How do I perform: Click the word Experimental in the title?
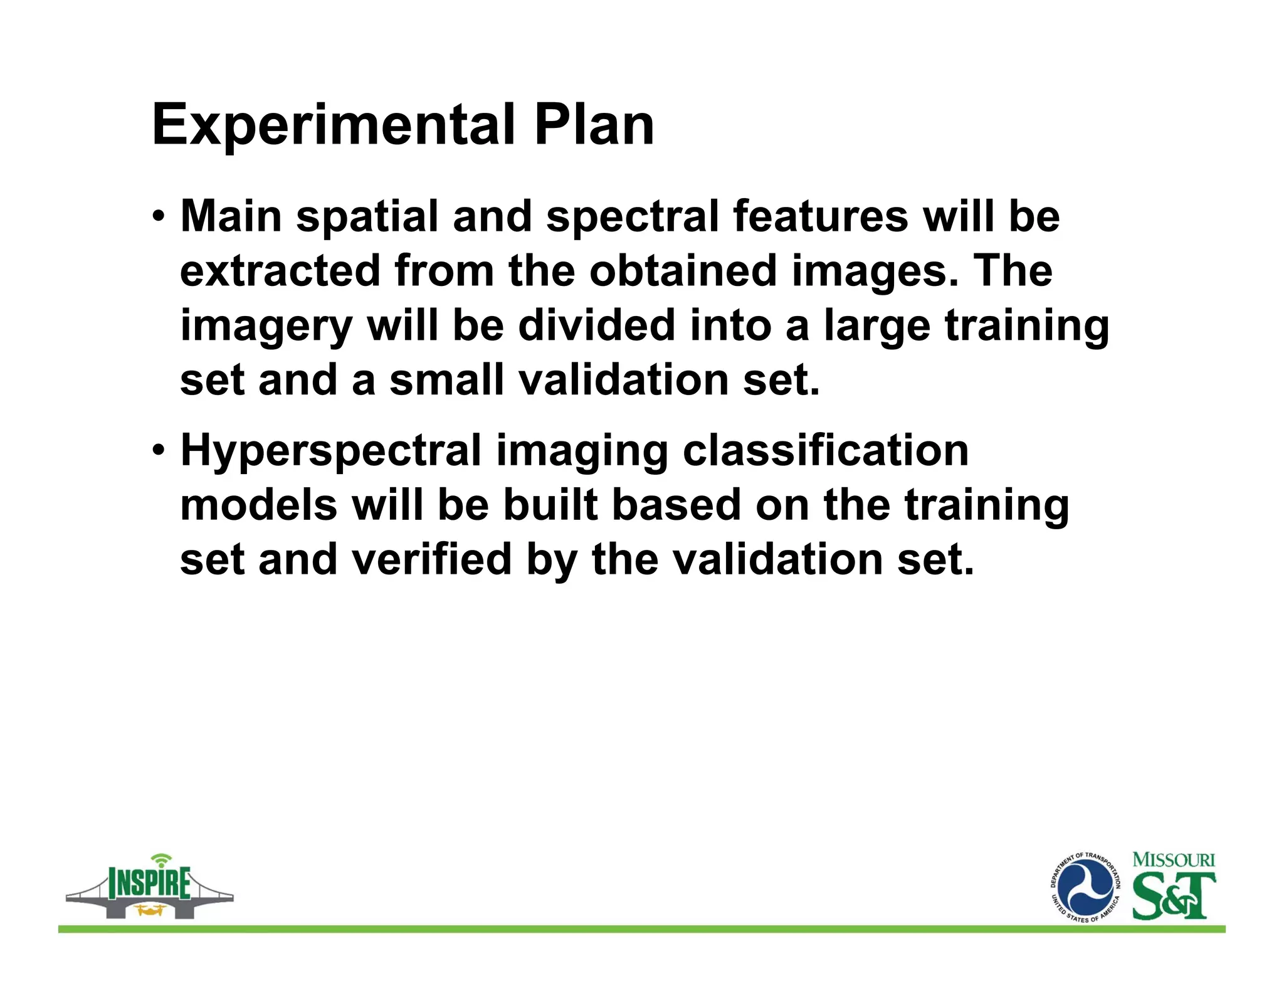coord(333,125)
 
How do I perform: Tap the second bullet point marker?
coord(159,451)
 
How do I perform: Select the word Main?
coord(231,216)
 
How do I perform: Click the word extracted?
coord(280,271)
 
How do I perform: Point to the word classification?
coord(825,451)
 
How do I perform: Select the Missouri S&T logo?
coord(1173,885)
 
